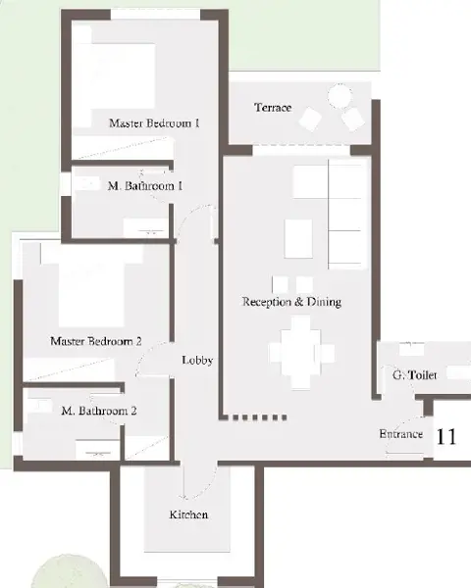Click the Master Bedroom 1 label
coord(154,123)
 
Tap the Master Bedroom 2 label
coord(96,341)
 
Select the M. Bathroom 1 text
coord(145,186)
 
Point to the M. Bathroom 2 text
coord(99,411)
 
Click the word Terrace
coord(273,108)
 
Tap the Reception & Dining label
coord(291,302)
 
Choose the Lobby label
coord(197,360)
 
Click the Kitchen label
coord(188,514)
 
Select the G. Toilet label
coord(415,375)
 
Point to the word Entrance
coord(401,434)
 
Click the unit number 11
coord(446,436)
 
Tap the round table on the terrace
coord(340,96)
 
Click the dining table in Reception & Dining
coord(301,353)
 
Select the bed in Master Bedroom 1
coord(115,76)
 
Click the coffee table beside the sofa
coord(298,239)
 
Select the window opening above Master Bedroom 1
coord(155,15)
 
